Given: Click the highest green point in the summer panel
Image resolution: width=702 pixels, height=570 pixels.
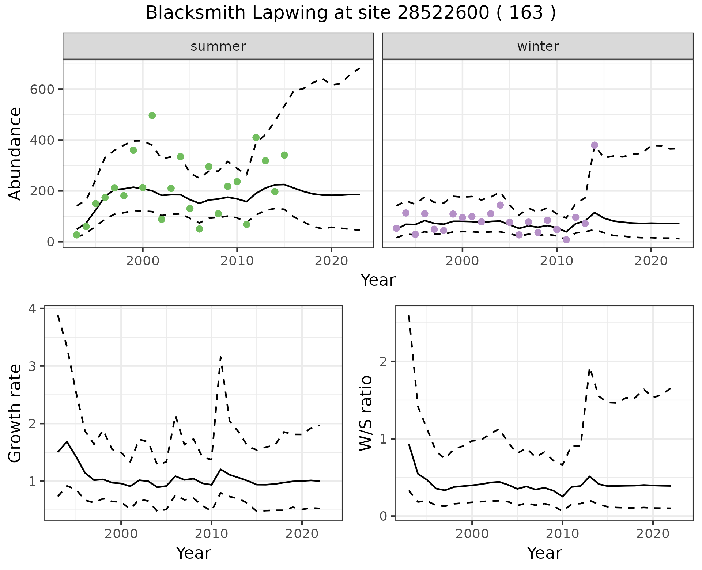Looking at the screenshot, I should tap(152, 115).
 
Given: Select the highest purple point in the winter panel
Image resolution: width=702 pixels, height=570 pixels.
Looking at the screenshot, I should tap(595, 145).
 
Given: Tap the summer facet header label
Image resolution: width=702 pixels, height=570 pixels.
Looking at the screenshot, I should tap(218, 46).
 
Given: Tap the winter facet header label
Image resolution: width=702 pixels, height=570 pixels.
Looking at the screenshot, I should tap(538, 46).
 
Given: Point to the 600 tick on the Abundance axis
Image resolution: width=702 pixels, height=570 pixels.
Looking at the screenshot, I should tap(42, 90).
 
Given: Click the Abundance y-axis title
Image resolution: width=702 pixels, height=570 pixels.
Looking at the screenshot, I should tap(15, 153).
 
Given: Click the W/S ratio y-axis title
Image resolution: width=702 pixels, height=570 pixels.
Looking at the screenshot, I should tap(366, 413).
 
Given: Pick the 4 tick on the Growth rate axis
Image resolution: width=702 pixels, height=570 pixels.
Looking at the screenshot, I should tap(33, 309).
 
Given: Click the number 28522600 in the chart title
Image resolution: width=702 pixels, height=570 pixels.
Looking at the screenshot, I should tap(444, 13).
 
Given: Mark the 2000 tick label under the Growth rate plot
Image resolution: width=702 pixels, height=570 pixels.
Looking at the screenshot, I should tap(121, 534).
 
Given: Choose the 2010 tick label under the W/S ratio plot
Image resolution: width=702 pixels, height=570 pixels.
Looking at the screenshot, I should tap(562, 534).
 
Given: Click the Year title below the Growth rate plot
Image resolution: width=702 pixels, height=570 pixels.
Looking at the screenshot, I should tap(193, 553).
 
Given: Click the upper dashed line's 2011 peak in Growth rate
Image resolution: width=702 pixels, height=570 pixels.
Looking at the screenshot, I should tap(220, 357).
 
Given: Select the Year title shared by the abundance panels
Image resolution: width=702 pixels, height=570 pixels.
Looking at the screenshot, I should tap(378, 280).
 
